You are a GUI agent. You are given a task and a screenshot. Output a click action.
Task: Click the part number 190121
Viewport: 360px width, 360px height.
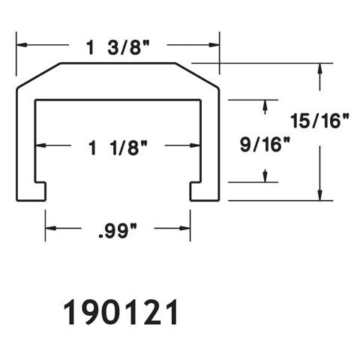pos(119,313)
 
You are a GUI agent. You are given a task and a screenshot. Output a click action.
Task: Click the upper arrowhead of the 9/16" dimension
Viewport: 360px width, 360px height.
pos(264,107)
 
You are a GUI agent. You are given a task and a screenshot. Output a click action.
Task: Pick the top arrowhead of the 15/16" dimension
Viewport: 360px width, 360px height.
pos(320,70)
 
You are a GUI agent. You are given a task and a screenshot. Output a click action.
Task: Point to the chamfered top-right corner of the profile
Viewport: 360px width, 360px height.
pos(199,76)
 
